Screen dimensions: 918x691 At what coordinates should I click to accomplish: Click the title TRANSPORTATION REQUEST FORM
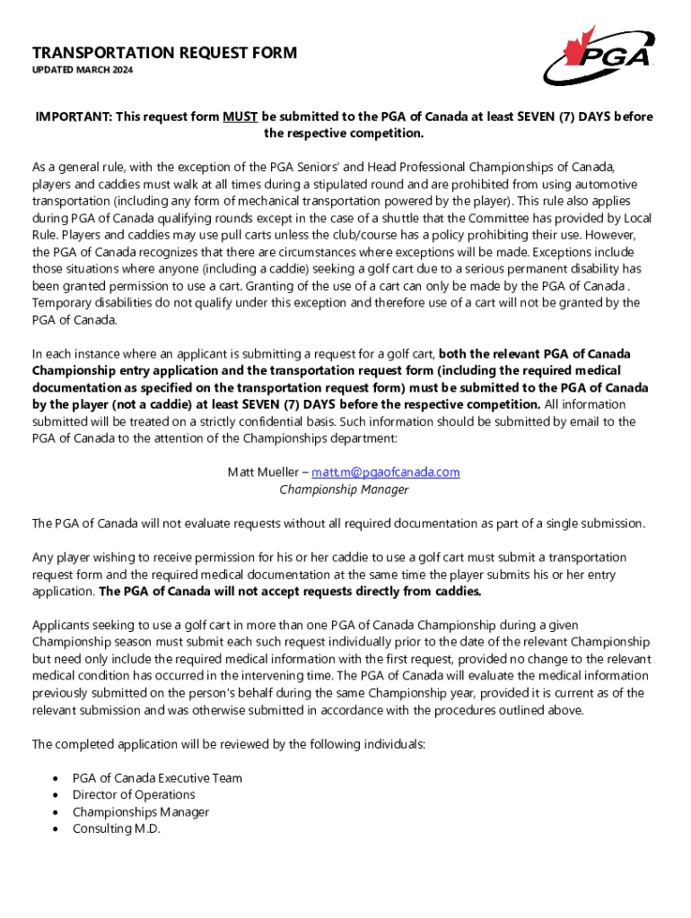[164, 54]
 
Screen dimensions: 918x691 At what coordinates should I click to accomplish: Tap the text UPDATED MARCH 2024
[83, 71]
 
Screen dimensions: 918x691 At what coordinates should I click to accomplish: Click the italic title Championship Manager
[344, 489]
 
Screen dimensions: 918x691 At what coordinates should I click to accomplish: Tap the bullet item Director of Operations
[134, 794]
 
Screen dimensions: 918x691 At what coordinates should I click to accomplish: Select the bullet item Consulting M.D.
[117, 828]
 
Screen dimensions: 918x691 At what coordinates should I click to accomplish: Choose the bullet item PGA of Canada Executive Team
[157, 777]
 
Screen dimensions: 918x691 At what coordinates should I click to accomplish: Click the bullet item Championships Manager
[141, 811]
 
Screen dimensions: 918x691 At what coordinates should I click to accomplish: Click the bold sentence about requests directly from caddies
[290, 592]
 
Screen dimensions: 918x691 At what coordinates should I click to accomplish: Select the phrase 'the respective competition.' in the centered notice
[344, 134]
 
